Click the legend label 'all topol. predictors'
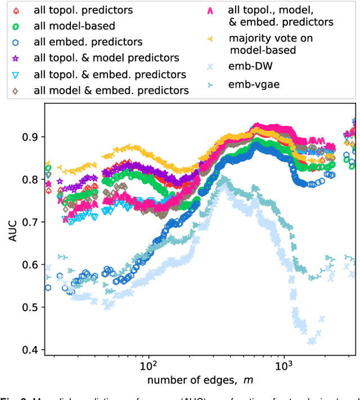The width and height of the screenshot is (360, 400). point(83,10)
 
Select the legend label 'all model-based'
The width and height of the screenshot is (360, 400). point(74,26)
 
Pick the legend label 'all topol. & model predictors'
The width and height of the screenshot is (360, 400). point(106,58)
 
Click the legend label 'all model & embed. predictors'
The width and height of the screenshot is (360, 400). point(111,90)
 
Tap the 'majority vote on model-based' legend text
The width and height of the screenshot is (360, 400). point(271,44)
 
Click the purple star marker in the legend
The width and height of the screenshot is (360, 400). point(16,58)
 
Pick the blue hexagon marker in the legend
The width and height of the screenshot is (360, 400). point(16,42)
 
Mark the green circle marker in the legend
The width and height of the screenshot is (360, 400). point(16,26)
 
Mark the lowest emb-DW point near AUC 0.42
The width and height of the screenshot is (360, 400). point(312,341)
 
